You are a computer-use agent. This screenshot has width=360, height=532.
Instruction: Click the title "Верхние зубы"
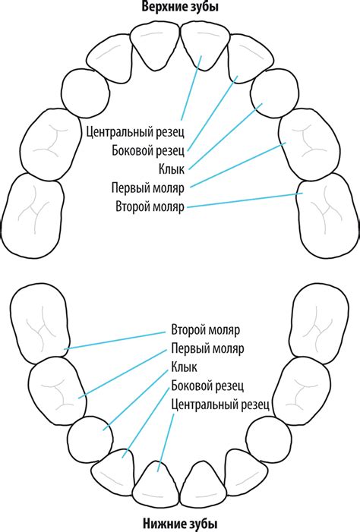coord(180,8)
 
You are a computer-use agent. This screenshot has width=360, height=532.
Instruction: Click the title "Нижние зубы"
coord(180,524)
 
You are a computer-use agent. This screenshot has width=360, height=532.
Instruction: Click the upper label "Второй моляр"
coord(150,206)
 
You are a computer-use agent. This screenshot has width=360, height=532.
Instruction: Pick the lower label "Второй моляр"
coord(205,331)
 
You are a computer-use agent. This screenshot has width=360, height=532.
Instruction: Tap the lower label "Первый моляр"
coord(207,350)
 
